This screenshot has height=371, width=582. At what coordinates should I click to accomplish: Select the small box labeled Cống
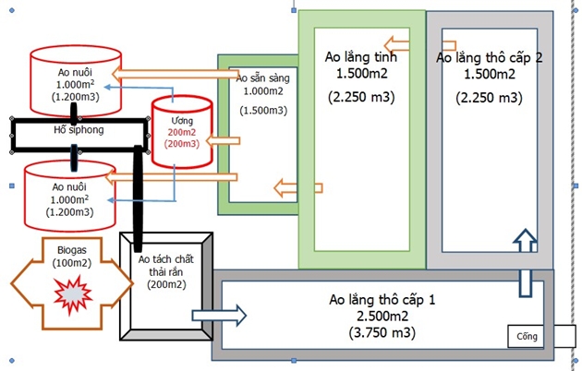tap(527, 337)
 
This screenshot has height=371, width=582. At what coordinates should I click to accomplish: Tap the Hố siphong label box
tap(78, 130)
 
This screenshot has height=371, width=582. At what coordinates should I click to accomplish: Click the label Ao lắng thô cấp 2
tap(489, 57)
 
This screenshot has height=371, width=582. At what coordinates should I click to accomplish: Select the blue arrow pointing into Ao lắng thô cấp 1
tap(233, 314)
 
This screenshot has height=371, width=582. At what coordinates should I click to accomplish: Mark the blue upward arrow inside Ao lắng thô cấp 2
tap(524, 242)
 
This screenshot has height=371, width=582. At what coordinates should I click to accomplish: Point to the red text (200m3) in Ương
tap(181, 144)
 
